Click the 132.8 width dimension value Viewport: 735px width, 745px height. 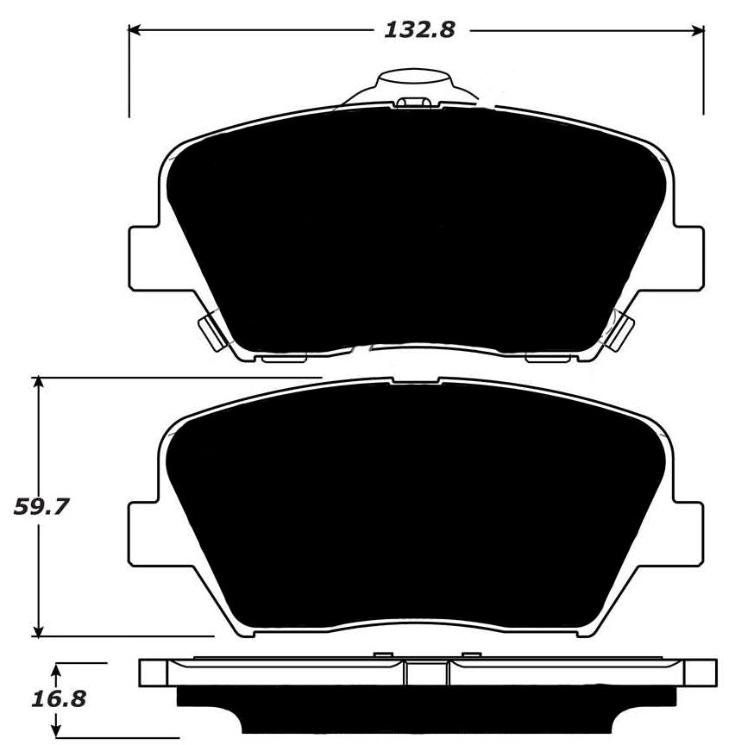[x=418, y=29]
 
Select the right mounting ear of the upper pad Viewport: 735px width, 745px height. [x=688, y=257]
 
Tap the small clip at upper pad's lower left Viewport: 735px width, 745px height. [x=210, y=331]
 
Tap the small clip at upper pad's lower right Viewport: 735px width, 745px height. [x=620, y=331]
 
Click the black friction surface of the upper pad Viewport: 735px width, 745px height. [x=414, y=233]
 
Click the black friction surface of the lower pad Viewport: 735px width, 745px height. [x=414, y=509]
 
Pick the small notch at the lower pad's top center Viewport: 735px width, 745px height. [x=416, y=380]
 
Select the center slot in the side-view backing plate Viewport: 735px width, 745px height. [x=427, y=673]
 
